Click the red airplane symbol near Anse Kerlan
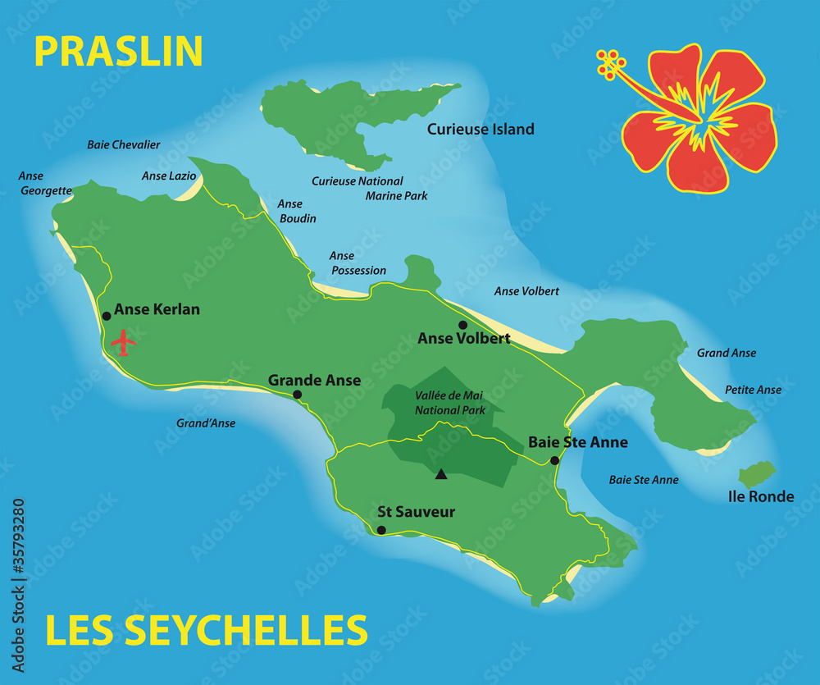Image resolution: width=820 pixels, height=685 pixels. point(123,341)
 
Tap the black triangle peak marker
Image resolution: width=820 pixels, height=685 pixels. point(441,473)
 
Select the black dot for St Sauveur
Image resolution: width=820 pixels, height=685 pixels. point(381,530)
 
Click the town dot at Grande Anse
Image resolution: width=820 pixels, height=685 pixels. point(297,395)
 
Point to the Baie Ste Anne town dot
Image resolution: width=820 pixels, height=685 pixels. point(554,460)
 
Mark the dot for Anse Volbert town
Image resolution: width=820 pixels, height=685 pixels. point(462,325)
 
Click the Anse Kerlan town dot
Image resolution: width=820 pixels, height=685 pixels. point(106,316)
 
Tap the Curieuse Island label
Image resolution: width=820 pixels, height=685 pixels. point(481,129)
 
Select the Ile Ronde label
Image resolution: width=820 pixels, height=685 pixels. point(761,496)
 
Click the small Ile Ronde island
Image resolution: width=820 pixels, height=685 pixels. point(757,474)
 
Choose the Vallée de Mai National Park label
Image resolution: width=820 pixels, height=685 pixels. point(449,402)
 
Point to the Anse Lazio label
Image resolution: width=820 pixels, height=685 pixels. point(169,176)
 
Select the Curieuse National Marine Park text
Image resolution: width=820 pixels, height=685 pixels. point(369,188)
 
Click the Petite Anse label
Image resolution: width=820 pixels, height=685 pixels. point(753,390)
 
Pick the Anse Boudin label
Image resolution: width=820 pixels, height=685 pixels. point(296,211)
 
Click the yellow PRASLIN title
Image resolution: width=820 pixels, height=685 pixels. point(118,51)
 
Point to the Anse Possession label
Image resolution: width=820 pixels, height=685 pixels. point(358,263)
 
